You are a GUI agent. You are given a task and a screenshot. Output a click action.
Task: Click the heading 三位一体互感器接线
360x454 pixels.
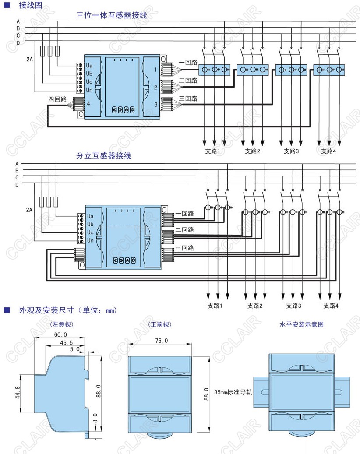(112, 15)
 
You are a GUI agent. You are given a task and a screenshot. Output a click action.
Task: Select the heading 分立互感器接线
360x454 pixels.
(103, 156)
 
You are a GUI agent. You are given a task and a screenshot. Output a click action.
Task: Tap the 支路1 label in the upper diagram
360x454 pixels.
(214, 151)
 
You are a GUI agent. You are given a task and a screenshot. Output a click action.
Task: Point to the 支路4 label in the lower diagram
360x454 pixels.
(331, 306)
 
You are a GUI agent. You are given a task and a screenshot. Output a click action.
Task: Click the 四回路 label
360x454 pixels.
(57, 99)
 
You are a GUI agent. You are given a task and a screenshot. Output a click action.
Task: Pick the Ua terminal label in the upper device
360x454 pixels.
(89, 65)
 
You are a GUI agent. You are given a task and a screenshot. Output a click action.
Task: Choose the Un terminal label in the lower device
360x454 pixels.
(90, 240)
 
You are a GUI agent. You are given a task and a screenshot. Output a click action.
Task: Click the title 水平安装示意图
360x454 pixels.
(301, 324)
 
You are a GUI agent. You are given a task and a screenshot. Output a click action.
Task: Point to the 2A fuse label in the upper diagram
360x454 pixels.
(28, 58)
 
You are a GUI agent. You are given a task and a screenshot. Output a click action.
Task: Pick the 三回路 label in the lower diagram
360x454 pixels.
(184, 248)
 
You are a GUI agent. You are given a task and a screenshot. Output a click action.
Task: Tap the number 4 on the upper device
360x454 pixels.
(88, 104)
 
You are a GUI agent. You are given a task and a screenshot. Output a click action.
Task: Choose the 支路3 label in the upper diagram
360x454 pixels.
(291, 151)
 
